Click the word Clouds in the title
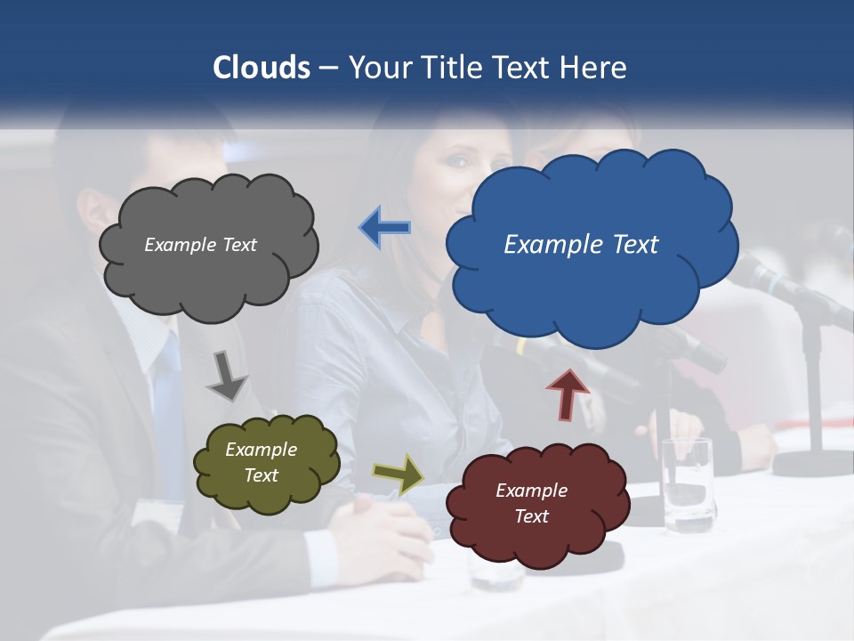point(261,68)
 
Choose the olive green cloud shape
point(266,463)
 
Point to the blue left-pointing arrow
point(385,228)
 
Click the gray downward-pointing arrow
point(226,375)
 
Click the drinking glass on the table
point(687,484)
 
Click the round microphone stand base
point(813,463)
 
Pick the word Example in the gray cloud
point(174,245)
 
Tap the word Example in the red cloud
point(531,491)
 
